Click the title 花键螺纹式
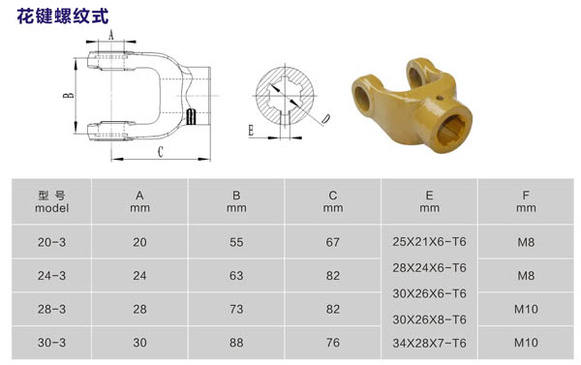click(x=63, y=15)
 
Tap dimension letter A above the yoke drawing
click(x=110, y=35)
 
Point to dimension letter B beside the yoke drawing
click(x=69, y=95)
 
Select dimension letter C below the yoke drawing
click(x=160, y=152)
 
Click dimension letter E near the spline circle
click(x=251, y=131)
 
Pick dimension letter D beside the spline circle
click(x=326, y=118)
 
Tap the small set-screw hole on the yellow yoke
click(x=440, y=98)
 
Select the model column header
click(x=52, y=201)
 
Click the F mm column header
click(x=526, y=201)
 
